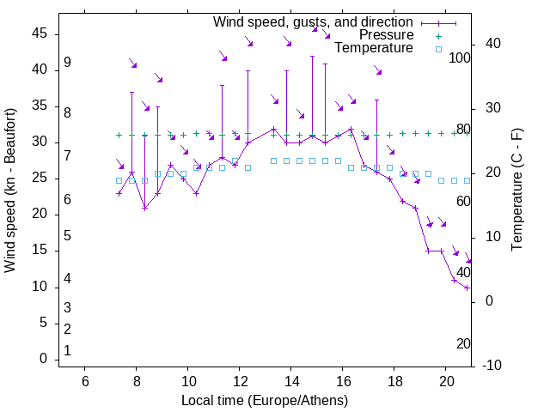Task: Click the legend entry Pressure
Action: tap(387, 35)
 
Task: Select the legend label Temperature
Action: tap(374, 49)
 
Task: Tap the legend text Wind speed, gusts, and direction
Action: tap(314, 21)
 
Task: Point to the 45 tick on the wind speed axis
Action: tap(40, 33)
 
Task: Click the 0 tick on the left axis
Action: tap(43, 359)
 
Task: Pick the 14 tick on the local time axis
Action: tap(291, 382)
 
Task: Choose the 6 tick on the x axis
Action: tap(85, 382)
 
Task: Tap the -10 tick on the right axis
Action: tap(495, 366)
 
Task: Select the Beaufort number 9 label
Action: tap(67, 64)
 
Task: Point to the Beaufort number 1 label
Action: tap(67, 351)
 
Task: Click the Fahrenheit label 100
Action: tap(460, 58)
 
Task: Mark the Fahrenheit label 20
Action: tap(463, 344)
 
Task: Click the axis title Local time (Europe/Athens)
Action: tap(265, 401)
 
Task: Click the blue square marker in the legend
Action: tap(437, 49)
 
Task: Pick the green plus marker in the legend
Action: tap(437, 35)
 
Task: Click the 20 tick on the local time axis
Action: tap(446, 382)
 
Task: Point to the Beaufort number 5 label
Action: tap(67, 236)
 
